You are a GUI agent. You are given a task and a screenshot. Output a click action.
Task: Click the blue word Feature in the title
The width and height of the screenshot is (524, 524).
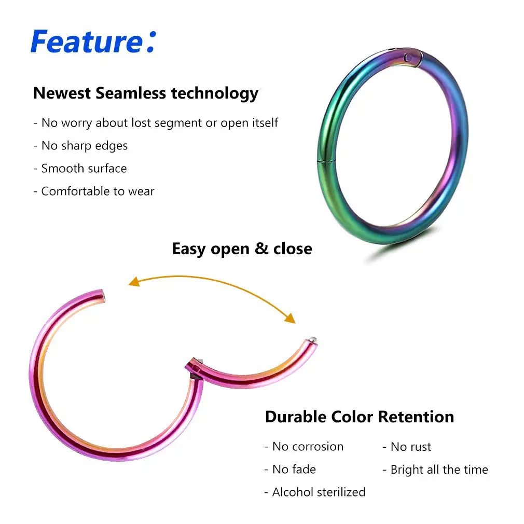coord(86,41)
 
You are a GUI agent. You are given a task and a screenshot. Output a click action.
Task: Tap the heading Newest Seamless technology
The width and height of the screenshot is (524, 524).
coord(145,93)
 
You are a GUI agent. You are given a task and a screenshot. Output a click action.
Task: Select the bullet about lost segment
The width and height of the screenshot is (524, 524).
coord(156,123)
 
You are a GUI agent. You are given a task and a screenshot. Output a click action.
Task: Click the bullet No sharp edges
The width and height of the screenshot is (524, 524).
coord(80,146)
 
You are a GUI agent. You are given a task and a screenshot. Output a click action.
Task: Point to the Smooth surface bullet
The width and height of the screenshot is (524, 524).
coord(80,169)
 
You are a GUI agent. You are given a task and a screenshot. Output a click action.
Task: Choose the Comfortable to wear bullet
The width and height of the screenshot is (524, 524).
coord(94,191)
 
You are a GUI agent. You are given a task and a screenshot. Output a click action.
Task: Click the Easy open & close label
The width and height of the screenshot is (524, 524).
coord(242,249)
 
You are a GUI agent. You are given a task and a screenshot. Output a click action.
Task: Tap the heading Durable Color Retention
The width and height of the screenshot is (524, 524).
coord(359,417)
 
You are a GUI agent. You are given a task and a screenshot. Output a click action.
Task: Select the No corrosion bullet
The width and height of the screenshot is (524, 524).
coord(304,447)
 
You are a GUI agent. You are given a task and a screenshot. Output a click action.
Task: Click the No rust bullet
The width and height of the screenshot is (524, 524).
coord(407,447)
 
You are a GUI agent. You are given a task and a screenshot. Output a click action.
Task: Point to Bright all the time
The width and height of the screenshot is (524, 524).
coord(435,470)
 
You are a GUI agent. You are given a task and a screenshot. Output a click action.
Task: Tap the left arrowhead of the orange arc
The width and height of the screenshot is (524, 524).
coord(134,282)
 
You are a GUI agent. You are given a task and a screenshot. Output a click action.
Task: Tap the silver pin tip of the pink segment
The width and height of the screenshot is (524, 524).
coord(313,339)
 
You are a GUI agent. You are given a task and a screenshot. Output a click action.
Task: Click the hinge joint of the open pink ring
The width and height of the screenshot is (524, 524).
coord(194,365)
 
